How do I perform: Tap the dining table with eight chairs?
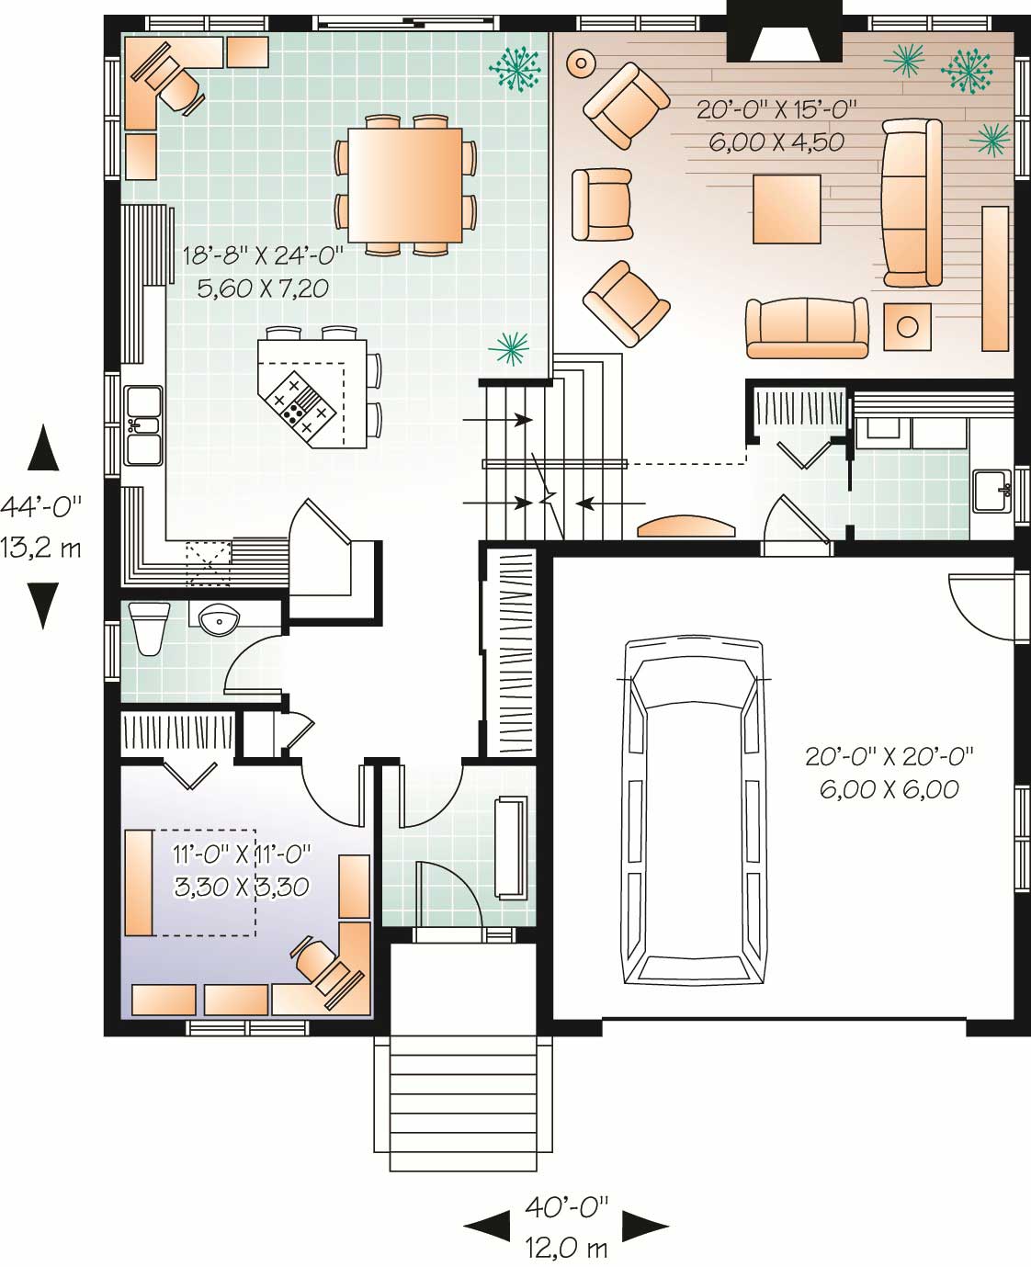405,185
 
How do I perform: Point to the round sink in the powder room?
219,620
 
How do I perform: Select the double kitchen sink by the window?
143,424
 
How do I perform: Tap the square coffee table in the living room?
787,209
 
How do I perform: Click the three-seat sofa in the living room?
912,202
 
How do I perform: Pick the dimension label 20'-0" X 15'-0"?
776,110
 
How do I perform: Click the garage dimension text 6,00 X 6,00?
889,788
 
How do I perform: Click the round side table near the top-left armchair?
581,63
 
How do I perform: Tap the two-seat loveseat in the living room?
807,327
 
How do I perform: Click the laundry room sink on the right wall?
991,490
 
